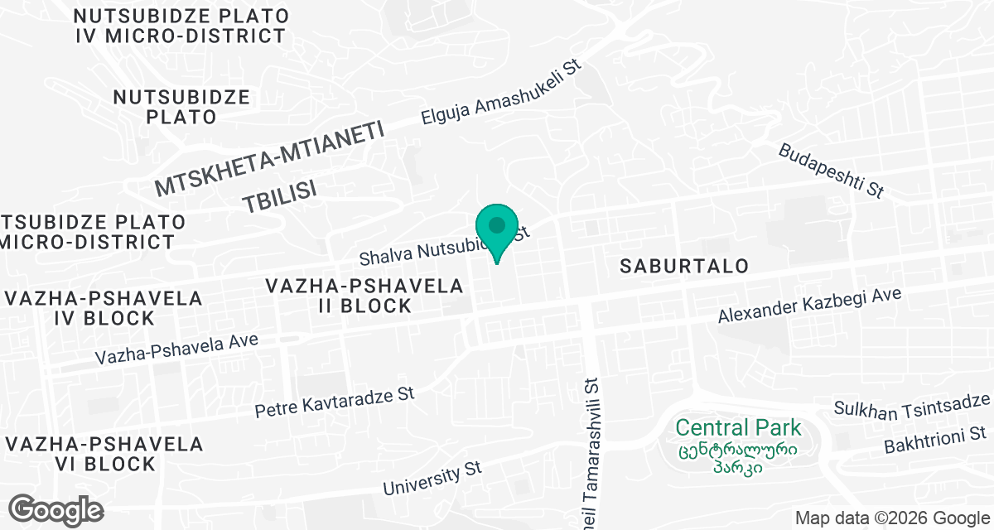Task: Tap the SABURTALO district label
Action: click(x=685, y=266)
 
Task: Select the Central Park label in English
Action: click(x=738, y=428)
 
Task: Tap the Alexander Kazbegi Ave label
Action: click(x=808, y=306)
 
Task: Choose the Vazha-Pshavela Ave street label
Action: click(x=177, y=349)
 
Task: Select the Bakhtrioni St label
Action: click(x=934, y=439)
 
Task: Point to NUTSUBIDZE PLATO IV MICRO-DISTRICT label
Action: click(x=181, y=26)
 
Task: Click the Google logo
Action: click(x=57, y=508)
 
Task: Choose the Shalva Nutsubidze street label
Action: click(x=431, y=246)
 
